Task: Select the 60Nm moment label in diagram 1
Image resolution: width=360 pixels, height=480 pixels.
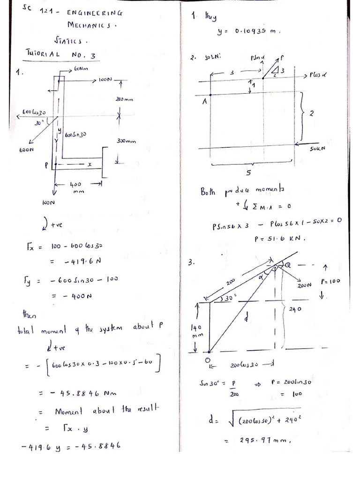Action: pyautogui.click(x=82, y=69)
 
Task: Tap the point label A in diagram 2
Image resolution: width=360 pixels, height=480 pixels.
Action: pyautogui.click(x=204, y=103)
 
